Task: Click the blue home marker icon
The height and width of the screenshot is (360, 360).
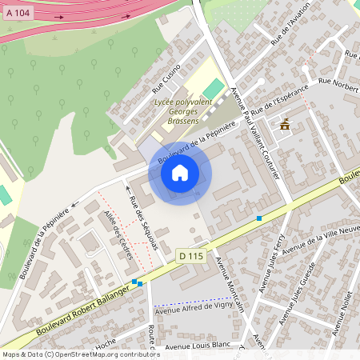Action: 180,173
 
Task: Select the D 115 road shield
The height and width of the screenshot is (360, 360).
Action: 190,254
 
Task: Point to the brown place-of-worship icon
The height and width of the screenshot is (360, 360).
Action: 285,123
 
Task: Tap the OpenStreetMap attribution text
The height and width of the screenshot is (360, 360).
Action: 80,354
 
